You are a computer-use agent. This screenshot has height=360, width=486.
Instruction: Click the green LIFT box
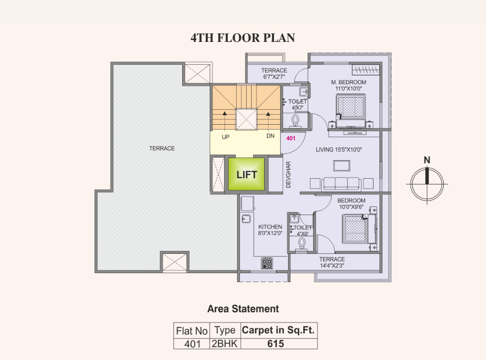pos(247,174)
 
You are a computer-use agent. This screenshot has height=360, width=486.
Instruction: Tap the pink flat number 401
pos(291,138)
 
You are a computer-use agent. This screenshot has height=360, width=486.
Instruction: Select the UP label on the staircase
pos(225,137)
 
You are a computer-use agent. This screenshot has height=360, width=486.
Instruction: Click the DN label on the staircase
pos(270,136)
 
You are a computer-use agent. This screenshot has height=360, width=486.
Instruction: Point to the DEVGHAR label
pos(288,175)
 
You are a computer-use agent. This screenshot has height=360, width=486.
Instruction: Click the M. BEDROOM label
pos(348,82)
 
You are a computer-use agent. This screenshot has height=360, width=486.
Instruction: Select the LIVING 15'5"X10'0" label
pos(339,149)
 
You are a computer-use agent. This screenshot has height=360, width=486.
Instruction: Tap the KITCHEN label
pos(270,227)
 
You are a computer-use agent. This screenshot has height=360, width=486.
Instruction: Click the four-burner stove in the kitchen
pos(267,263)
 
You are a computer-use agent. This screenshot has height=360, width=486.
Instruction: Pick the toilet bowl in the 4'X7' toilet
pos(295,120)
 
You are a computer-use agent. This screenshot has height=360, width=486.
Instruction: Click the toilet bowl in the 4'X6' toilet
pos(301,243)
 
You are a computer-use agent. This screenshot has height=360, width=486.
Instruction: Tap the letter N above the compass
pos(427,160)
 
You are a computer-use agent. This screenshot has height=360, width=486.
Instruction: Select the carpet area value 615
pos(275,343)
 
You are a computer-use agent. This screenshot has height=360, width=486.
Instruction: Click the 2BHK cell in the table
pos(225,343)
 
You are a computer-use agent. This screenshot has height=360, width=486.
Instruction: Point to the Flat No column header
pos(192,331)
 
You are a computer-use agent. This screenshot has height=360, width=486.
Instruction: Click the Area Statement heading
pos(243,309)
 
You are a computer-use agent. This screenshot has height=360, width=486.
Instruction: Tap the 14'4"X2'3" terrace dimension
pos(332,266)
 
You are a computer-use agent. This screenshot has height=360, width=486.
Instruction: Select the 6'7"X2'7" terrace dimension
pos(274,77)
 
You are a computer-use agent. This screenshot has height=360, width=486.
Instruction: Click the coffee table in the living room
pos(342,166)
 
